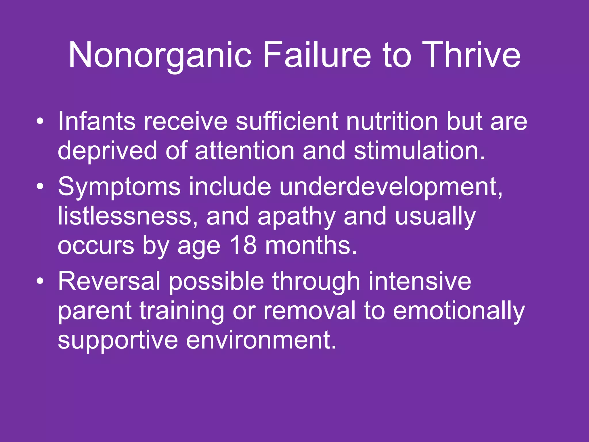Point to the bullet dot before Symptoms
point(40,187)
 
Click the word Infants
point(97,121)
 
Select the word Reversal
point(109,281)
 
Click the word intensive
point(420,281)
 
